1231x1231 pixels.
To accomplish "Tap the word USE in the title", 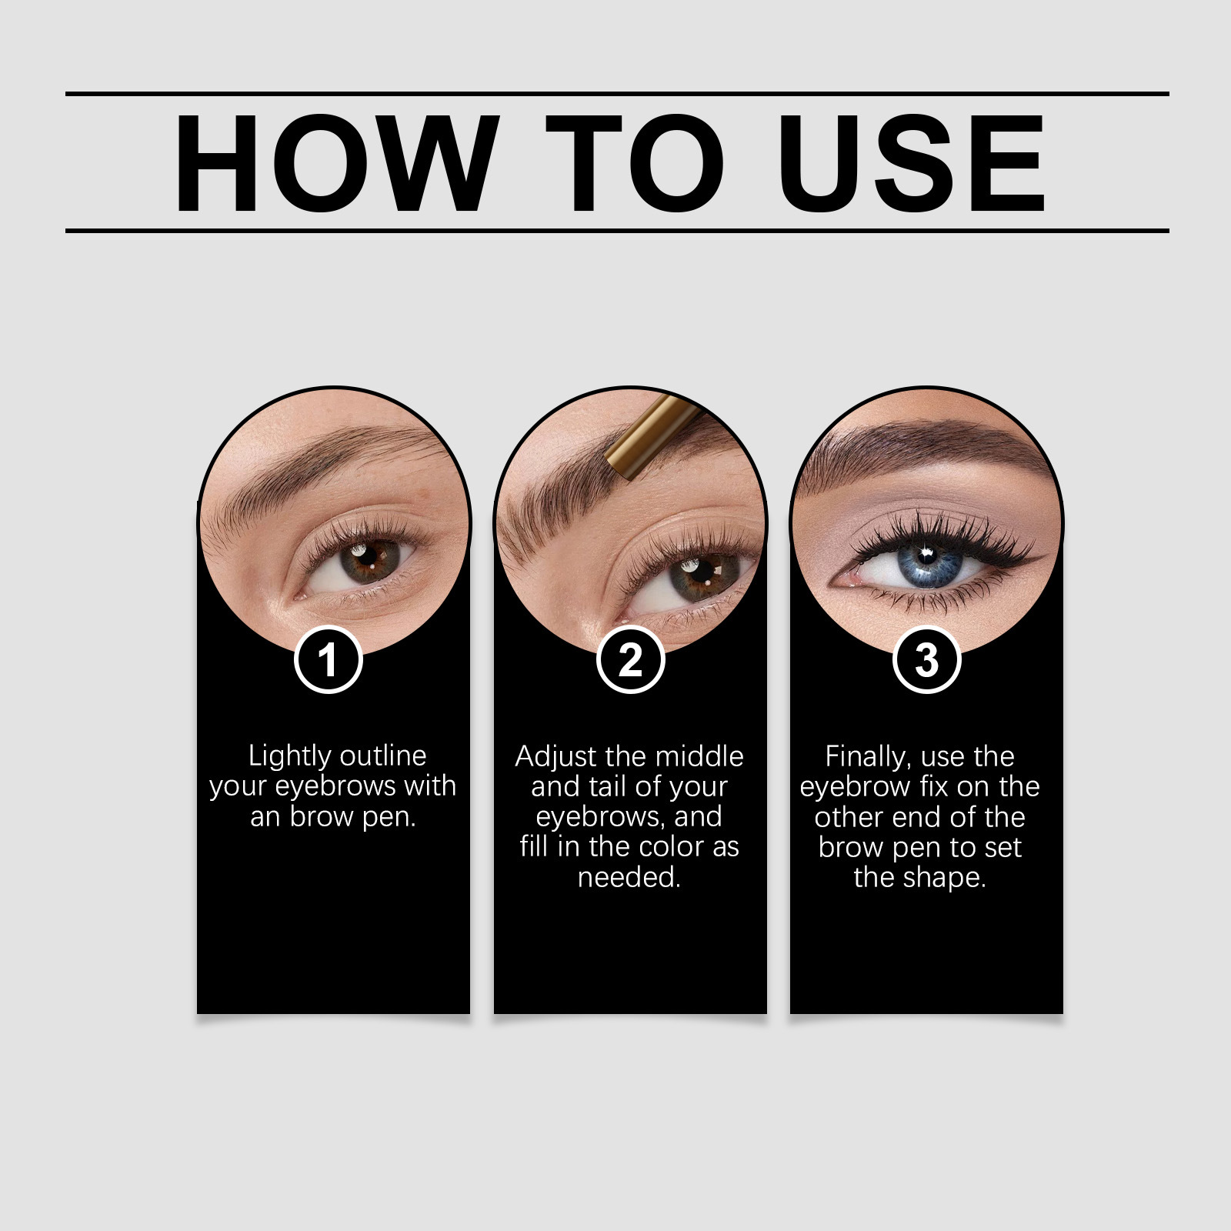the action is point(912,162).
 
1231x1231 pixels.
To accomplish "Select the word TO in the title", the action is point(636,162).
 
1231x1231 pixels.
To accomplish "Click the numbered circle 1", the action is point(329,659).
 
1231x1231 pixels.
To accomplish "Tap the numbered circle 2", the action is point(630,659).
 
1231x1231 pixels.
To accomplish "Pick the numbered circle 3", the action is point(927,659).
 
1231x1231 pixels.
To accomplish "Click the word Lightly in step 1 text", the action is point(288,756).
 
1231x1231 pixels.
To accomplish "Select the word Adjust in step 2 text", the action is point(555,757).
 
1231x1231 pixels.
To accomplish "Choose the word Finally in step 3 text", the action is point(868,757).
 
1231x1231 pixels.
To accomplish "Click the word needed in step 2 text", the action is point(629,877).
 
